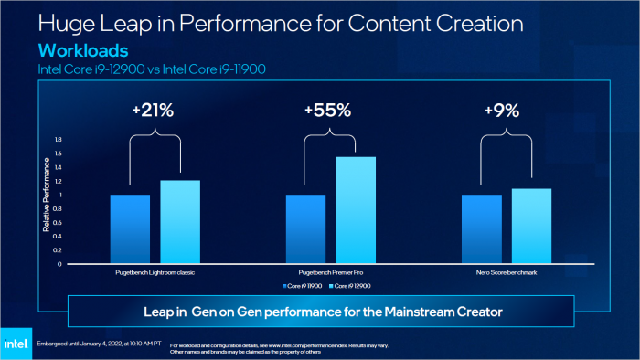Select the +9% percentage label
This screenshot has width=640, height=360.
point(502,111)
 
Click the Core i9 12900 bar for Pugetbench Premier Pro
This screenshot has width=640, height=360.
point(356,210)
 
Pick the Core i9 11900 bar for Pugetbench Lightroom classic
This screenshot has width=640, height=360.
point(130,229)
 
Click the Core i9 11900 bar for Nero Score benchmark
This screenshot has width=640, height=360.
point(481,229)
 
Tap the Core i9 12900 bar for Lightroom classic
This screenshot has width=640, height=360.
point(180,222)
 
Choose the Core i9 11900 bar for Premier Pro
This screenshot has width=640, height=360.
point(305,229)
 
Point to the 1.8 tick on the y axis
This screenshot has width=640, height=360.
point(58,140)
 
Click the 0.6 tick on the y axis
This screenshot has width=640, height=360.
point(58,223)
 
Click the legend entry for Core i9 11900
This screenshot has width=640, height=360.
point(304,287)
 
